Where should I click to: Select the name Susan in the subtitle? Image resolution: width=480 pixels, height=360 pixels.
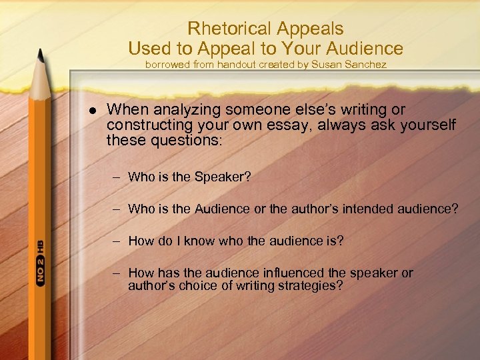[x=327, y=65]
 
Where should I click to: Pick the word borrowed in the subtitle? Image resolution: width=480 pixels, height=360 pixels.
[x=167, y=65]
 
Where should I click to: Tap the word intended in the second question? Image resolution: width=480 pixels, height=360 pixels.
[x=373, y=209]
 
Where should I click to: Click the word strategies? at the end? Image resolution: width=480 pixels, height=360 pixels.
[x=311, y=286]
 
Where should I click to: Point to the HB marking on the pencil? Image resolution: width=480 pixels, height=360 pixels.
[x=41, y=247]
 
